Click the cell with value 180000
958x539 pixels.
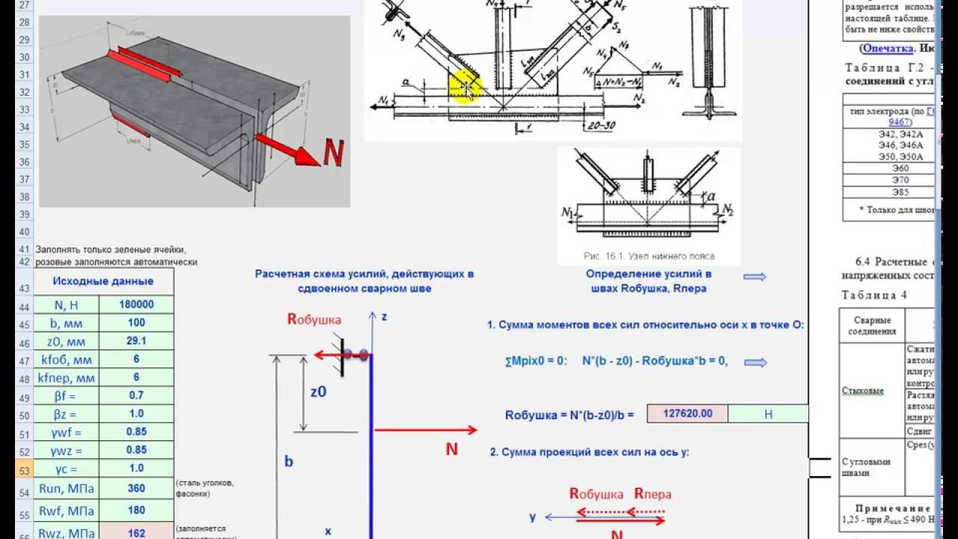(136, 305)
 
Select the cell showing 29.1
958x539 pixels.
(136, 341)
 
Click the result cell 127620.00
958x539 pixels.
(686, 413)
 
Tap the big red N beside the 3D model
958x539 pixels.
(333, 153)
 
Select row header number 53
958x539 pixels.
(23, 470)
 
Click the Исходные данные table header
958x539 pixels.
(103, 281)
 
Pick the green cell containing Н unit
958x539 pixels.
(767, 413)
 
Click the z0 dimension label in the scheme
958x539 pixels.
(319, 391)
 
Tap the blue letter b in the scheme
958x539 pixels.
(288, 461)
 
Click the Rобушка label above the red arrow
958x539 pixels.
(314, 319)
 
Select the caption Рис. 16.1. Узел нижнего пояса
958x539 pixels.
(649, 256)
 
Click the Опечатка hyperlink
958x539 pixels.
(887, 48)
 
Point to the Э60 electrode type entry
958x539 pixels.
(889, 168)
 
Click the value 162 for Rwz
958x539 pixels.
(136, 532)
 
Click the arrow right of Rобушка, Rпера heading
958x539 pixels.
(754, 277)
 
